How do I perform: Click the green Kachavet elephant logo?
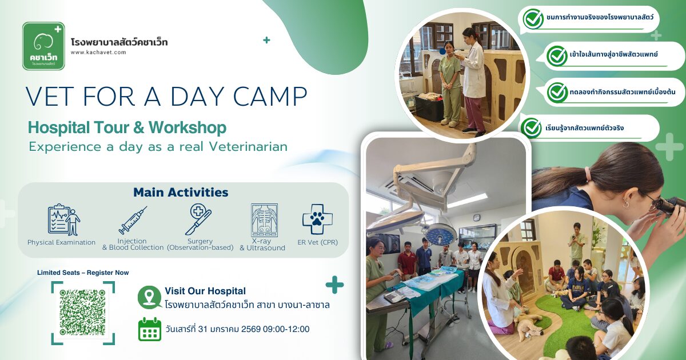(x=44, y=46)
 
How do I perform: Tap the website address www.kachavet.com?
(x=98, y=53)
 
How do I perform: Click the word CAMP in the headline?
(x=270, y=97)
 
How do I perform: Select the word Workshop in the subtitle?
(x=188, y=127)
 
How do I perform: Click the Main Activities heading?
(x=181, y=192)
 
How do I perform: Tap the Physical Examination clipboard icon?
(x=63, y=219)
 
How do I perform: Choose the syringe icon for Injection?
(x=133, y=221)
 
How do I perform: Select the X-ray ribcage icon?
(x=264, y=220)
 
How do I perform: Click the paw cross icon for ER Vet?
(x=318, y=219)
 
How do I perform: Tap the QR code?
(x=83, y=313)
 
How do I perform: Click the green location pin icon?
(x=149, y=297)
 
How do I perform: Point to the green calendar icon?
(x=150, y=329)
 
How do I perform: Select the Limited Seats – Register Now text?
(x=83, y=273)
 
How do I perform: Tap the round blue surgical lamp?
(x=441, y=234)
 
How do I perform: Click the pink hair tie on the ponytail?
(x=587, y=174)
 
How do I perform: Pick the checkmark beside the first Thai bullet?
(x=533, y=18)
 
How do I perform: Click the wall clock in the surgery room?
(x=476, y=218)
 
